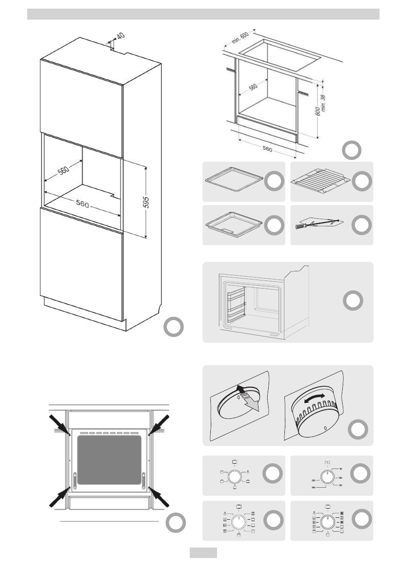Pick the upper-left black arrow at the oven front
click(59, 425)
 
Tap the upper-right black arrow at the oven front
click(160, 425)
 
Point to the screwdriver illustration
click(318, 224)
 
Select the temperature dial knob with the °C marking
click(327, 476)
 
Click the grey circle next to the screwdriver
click(361, 225)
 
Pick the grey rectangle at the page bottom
click(203, 553)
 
